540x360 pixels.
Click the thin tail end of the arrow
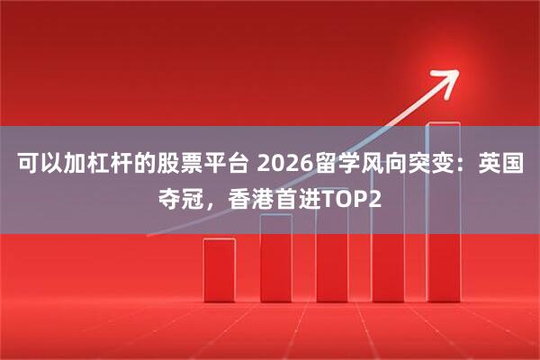click(x=153, y=232)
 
